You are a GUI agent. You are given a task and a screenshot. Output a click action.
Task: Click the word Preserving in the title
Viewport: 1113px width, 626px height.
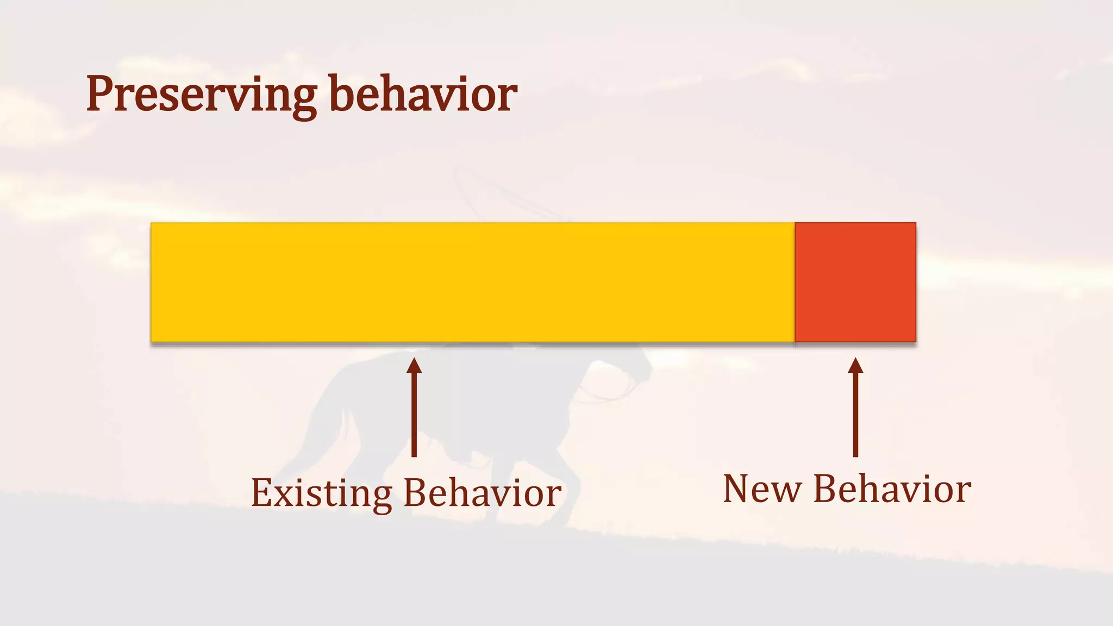201,95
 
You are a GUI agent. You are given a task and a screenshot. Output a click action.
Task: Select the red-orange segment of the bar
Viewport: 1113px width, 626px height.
855,282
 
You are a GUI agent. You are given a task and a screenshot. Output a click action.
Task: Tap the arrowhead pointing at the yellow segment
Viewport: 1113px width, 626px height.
414,366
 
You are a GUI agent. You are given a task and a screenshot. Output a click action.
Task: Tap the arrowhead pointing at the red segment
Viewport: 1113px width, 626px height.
855,366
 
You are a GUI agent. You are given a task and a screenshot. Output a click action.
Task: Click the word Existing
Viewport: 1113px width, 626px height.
321,493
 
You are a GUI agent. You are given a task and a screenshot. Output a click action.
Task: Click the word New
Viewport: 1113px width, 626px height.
762,489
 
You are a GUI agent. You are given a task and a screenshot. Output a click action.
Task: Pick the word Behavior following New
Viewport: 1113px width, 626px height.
892,489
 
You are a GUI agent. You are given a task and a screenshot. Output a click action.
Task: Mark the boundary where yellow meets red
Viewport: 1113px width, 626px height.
795,282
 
